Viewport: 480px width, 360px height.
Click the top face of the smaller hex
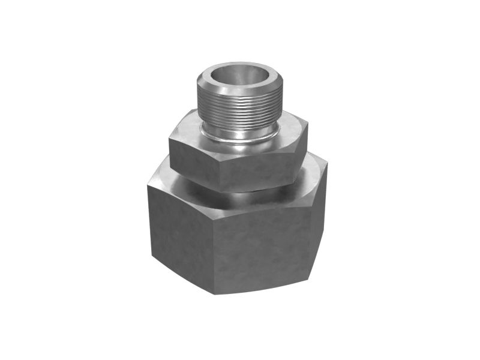point(192,129)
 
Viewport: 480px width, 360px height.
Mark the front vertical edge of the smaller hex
point(220,174)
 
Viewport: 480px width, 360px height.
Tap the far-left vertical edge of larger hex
point(149,222)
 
